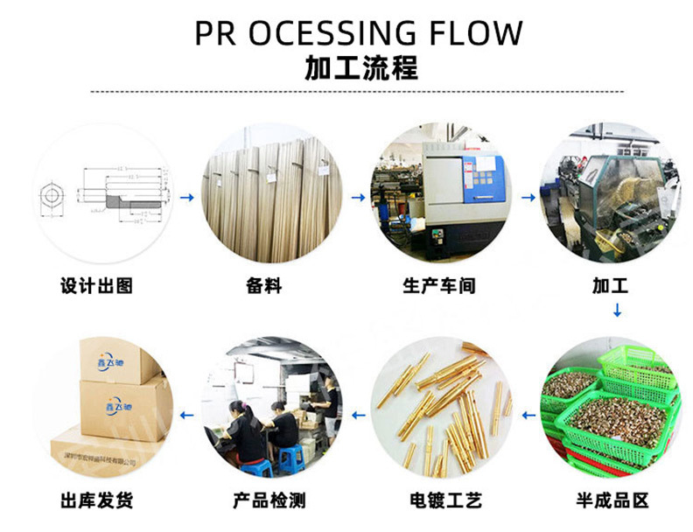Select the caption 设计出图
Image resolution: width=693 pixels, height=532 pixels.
click(x=97, y=285)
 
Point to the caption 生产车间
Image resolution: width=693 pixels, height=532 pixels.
click(x=438, y=285)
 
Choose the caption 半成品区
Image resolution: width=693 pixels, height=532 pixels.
click(x=612, y=500)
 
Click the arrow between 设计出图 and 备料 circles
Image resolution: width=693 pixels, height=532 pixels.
click(x=186, y=198)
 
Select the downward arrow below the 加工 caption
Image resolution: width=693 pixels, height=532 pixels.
click(x=617, y=310)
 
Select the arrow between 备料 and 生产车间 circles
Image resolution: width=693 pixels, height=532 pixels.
click(x=357, y=198)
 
